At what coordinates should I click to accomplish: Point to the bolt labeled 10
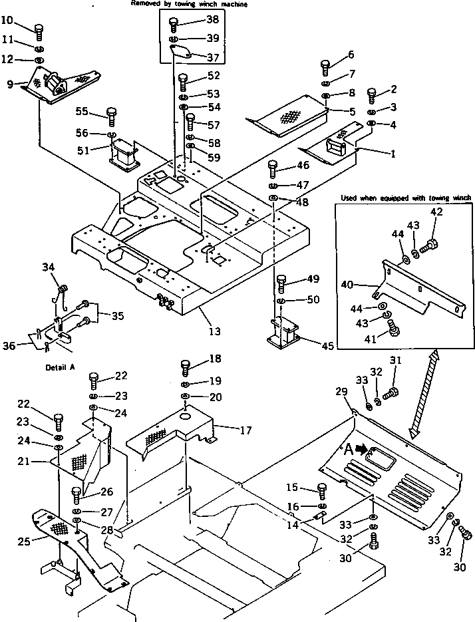[x=38, y=30]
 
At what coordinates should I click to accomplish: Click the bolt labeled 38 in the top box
[x=174, y=25]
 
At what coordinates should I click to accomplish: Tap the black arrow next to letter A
[x=362, y=449]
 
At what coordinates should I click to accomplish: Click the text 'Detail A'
[x=59, y=367]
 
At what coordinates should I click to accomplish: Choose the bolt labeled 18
[x=186, y=366]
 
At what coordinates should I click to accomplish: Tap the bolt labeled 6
[x=325, y=66]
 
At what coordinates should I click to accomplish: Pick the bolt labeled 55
[x=111, y=116]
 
